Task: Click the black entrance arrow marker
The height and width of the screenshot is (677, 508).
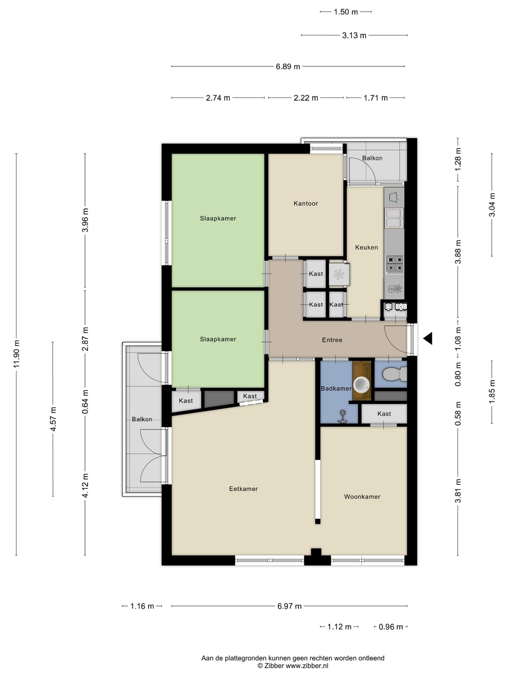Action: coord(428,338)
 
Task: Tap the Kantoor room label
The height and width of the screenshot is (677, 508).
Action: coord(306,204)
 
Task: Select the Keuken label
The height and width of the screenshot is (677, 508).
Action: coord(366,247)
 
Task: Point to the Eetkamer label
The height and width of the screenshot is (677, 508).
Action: coord(243,489)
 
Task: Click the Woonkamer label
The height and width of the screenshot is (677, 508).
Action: coord(362,497)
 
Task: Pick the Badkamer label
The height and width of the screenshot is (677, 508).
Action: coord(336,389)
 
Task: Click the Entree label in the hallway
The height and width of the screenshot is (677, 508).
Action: coord(332,340)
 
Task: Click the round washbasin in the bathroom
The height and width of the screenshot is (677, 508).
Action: coord(361,385)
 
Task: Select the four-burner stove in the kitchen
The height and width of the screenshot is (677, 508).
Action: coord(395,264)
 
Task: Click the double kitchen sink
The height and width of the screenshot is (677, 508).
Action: coord(394,218)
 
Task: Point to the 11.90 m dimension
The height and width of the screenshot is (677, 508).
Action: coord(16,354)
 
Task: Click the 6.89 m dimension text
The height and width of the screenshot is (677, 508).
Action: coord(288,67)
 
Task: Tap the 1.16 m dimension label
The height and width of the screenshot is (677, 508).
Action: coord(142,606)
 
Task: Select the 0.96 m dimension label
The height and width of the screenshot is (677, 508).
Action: coord(391,627)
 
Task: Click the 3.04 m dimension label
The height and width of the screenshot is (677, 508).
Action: coord(492,205)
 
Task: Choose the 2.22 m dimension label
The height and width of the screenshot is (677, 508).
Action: coord(306,98)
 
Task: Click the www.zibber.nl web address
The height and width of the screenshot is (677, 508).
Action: coord(307,666)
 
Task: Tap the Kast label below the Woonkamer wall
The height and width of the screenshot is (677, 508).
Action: coord(384,414)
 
